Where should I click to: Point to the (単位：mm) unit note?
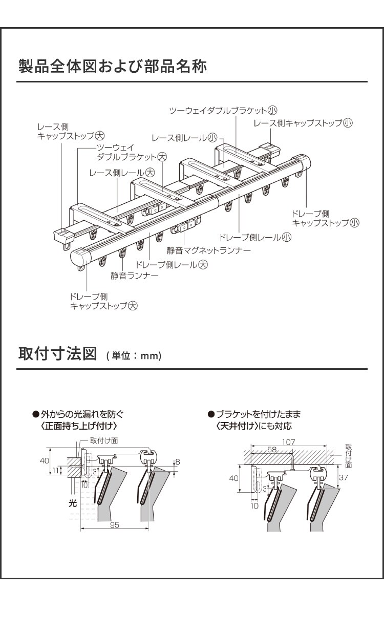134,355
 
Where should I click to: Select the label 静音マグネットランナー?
209,251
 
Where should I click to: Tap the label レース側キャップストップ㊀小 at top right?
304,123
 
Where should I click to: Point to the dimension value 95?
114,525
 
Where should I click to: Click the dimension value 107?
289,441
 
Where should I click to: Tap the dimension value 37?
344,477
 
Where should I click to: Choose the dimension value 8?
178,462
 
